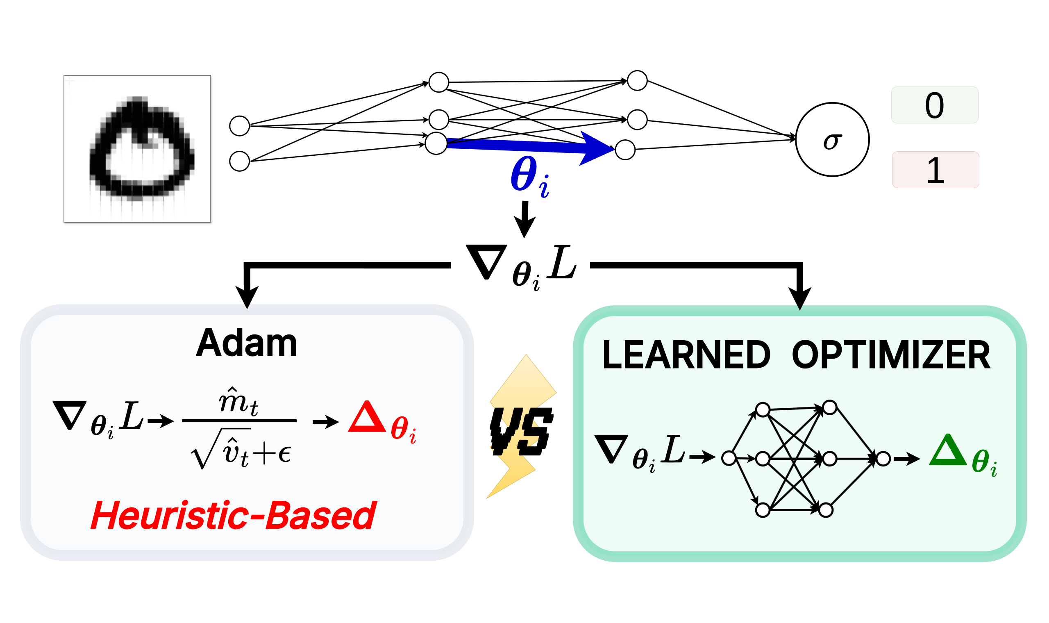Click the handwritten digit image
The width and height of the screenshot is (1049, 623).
coord(137,149)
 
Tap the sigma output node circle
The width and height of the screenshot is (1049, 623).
coord(832,140)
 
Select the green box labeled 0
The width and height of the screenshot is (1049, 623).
coord(934,105)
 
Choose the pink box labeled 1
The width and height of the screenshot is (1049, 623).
coord(935,170)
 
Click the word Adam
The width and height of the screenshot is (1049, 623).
coord(246,343)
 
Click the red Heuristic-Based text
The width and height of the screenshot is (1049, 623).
coord(233,516)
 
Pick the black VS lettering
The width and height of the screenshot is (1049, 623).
coord(522,432)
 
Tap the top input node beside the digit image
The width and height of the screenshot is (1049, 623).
coord(240,126)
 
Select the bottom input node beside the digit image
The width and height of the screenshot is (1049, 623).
coord(240,161)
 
